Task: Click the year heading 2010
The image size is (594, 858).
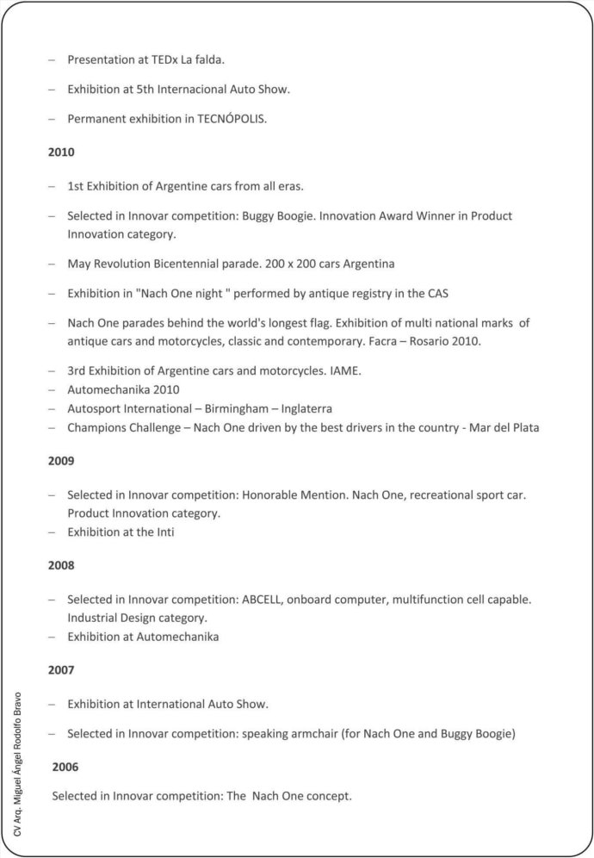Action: pyautogui.click(x=61, y=152)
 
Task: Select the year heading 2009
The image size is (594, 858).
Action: pyautogui.click(x=61, y=461)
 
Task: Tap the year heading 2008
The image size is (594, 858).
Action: pyautogui.click(x=61, y=565)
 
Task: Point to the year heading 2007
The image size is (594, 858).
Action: pyautogui.click(x=61, y=669)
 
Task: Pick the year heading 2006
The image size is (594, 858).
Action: pyautogui.click(x=65, y=766)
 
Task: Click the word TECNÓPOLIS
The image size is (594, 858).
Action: pyautogui.click(x=232, y=118)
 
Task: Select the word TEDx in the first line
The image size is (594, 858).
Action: pyautogui.click(x=164, y=60)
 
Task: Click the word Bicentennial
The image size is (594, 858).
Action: pyautogui.click(x=196, y=264)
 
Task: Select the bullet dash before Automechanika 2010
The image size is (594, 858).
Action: pyautogui.click(x=52, y=389)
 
